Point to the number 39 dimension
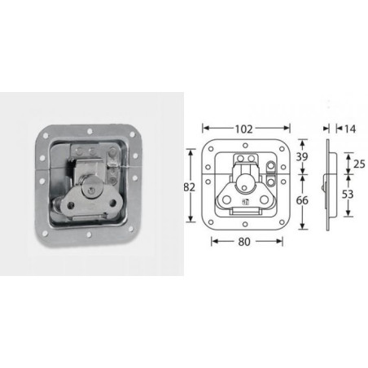pos(302,156)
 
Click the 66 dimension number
pos(302,200)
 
